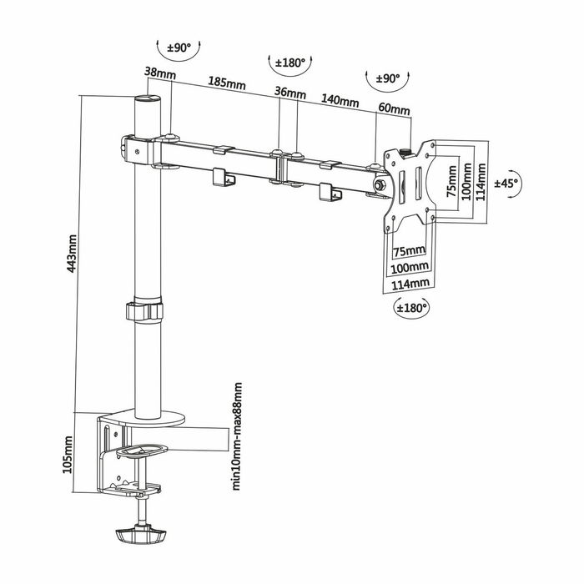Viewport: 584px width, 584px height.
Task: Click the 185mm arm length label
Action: [x=226, y=84]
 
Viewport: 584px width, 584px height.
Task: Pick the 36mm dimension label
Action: [x=289, y=93]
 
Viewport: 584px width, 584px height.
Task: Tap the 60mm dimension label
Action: [x=394, y=109]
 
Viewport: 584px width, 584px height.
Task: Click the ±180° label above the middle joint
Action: [x=292, y=63]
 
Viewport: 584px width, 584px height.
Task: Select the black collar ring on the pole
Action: [x=146, y=311]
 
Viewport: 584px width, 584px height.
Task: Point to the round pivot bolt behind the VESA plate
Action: [x=380, y=185]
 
